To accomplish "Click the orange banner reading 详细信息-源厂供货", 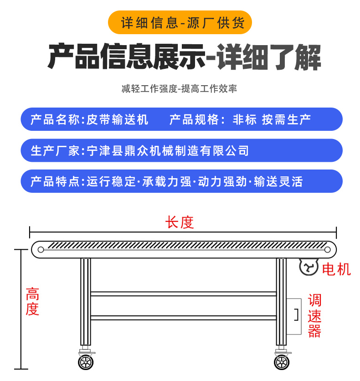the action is click(180, 22).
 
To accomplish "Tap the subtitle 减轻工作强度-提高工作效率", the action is click(179, 89).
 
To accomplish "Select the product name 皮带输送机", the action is click(118, 119).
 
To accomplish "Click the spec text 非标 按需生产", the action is click(272, 119).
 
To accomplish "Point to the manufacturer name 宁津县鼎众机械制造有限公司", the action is click(168, 151).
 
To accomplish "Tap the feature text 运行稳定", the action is click(111, 181).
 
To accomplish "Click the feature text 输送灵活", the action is click(278, 181).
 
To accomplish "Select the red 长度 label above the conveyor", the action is click(180, 222).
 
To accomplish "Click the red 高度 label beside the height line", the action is click(32, 301).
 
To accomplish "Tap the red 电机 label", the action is click(336, 269).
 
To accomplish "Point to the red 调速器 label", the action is click(314, 316).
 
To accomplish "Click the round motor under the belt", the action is click(309, 267).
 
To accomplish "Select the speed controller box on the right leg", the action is click(294, 316).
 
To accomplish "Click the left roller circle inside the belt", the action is click(41, 250).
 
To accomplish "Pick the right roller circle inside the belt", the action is click(327, 250).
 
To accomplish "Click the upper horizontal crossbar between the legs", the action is click(184, 294).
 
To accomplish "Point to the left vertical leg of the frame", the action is click(86, 302).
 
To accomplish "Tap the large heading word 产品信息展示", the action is click(126, 57).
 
